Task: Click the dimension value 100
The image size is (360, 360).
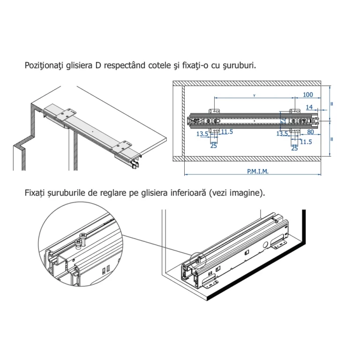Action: [307, 95]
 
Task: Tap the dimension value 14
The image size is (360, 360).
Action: [309, 107]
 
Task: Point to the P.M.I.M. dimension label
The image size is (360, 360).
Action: [258, 172]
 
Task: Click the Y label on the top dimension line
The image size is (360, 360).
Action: [254, 96]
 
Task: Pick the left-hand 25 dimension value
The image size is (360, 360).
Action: [214, 146]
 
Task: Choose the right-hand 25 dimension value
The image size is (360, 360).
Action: [294, 148]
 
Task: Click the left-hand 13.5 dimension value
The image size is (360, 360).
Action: [202, 134]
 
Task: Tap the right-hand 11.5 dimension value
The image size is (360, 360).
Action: [306, 141]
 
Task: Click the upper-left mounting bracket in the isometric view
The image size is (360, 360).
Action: [70, 113]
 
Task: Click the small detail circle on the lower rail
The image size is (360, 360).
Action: [197, 258]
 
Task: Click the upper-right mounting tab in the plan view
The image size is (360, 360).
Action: [294, 111]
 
